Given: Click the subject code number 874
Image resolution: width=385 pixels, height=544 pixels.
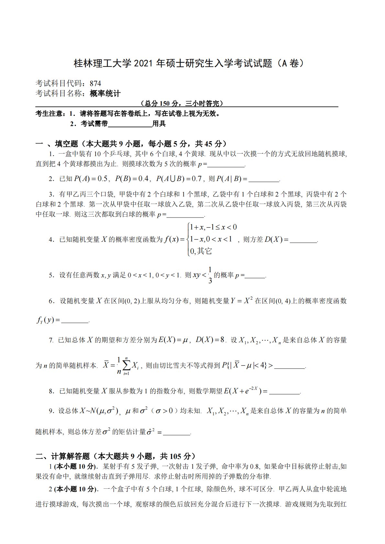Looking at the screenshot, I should (x=95, y=83).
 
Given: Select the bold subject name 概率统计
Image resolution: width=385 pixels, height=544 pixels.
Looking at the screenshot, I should (x=105, y=94).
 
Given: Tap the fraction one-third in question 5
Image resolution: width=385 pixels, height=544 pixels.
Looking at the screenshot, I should (x=210, y=275).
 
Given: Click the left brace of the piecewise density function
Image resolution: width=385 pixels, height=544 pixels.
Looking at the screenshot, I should (x=188, y=240).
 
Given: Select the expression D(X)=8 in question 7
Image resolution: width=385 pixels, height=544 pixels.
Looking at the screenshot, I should (x=210, y=340).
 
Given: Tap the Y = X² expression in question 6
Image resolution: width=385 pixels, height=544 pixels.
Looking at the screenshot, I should (x=241, y=301).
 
